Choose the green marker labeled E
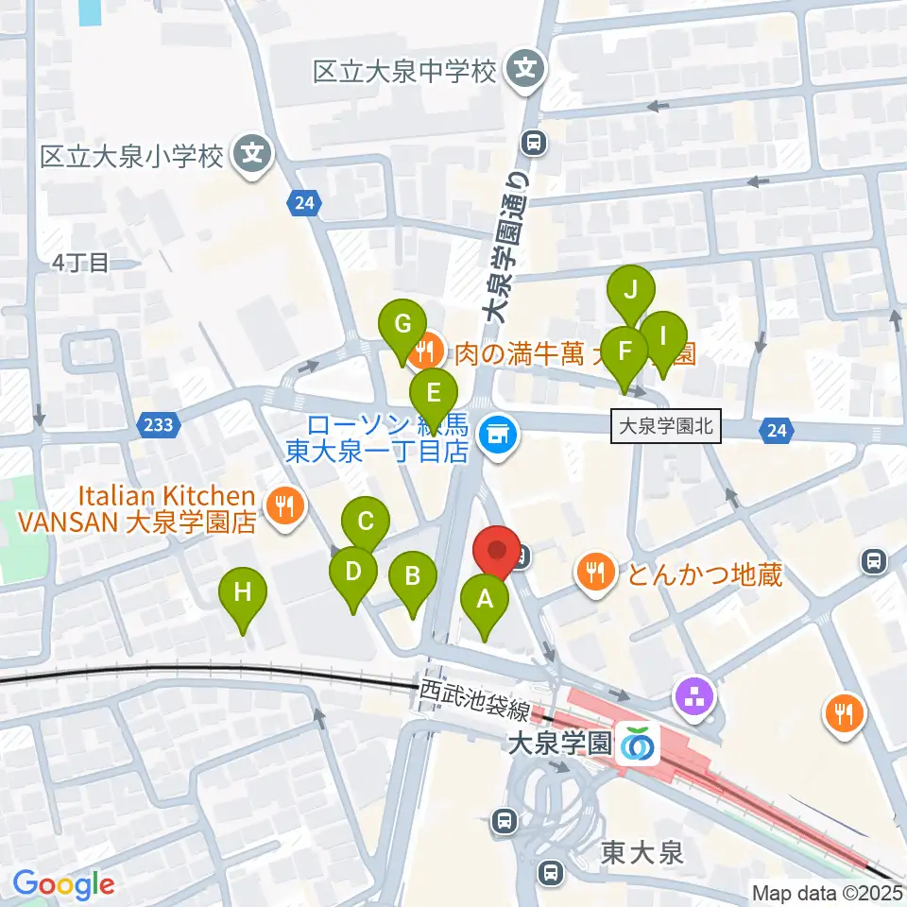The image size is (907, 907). pos(434,391)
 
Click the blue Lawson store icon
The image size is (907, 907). pos(498,436)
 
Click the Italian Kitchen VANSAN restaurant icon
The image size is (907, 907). pos(284,506)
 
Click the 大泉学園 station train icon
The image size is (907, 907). pos(639,743)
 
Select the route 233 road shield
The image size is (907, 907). pos(159,424)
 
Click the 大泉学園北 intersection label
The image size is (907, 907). pos(667,428)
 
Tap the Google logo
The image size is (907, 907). pos(63,884)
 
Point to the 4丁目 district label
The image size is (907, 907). pos(81,262)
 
